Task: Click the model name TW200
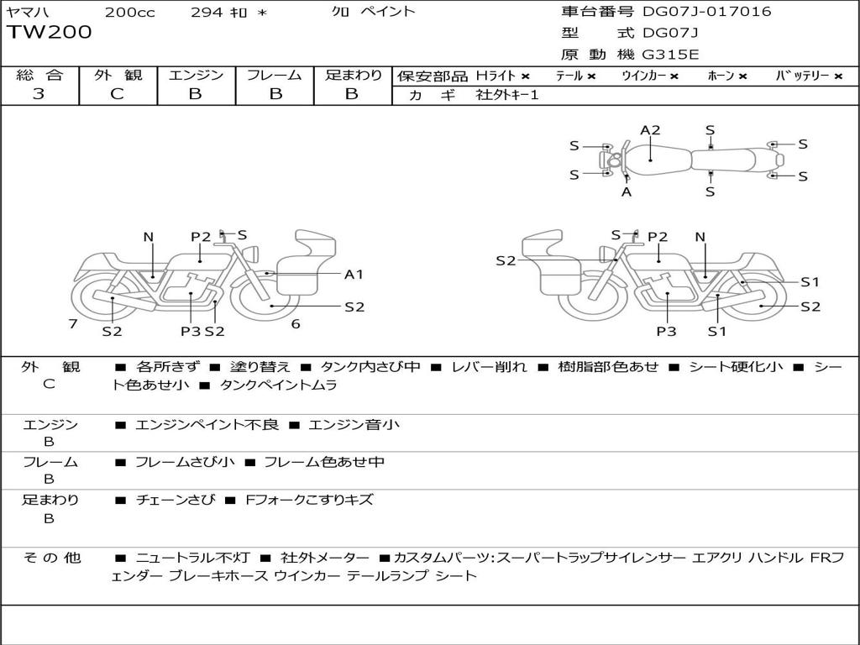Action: click(50, 33)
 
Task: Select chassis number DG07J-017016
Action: click(706, 12)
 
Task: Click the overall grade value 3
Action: click(39, 93)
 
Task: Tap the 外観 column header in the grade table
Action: click(118, 75)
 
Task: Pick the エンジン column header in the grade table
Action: click(196, 75)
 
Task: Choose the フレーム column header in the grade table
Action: click(275, 75)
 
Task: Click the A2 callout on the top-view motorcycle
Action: click(650, 130)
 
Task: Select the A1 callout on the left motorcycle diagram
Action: click(354, 274)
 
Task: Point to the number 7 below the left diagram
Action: click(73, 324)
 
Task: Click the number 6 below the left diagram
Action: click(296, 324)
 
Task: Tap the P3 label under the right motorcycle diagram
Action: click(666, 331)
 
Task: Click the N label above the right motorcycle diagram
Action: click(700, 238)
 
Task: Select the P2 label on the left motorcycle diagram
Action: click(201, 237)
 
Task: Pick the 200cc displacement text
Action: click(129, 12)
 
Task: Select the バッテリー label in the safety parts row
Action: click(808, 76)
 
